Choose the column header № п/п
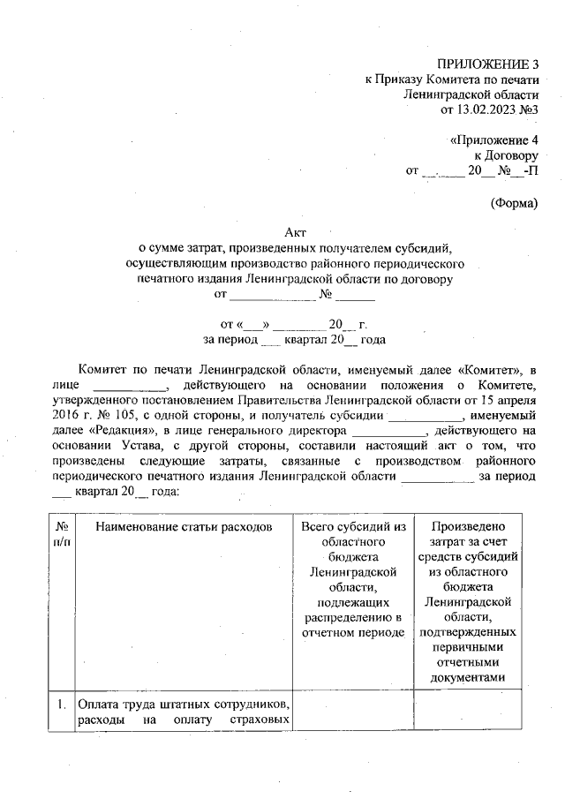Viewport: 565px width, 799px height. coord(62,533)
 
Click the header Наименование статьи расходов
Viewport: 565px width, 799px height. coord(179,526)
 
